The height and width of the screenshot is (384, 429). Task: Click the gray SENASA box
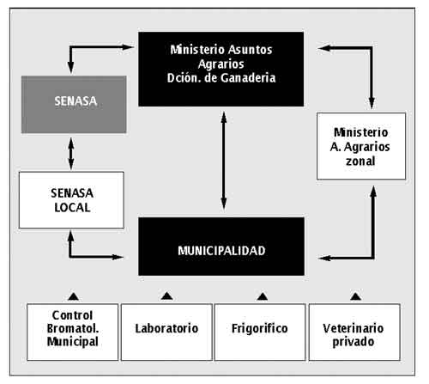coord(74,105)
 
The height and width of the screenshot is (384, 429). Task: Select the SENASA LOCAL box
coord(71,200)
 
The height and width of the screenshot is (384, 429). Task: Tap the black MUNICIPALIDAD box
coord(221,247)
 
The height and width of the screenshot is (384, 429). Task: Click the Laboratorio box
coord(166,332)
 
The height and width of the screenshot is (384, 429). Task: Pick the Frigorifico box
coord(260,332)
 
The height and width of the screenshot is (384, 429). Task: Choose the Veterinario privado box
coord(354,332)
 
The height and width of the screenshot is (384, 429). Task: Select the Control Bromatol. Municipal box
coord(72,332)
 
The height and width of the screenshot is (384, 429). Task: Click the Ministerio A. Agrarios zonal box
coord(361,146)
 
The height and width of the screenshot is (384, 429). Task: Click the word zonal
coord(360,161)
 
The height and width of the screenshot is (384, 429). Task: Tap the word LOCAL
coord(72,208)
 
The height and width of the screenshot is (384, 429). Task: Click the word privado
coord(353,342)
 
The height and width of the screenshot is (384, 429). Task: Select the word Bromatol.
coord(73,328)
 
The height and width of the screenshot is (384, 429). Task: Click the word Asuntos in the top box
coord(251,50)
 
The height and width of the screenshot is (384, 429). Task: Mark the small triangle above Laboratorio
coord(166,296)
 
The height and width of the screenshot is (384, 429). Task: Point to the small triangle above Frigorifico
coord(263,296)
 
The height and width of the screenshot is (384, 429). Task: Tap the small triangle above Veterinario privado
coord(355,296)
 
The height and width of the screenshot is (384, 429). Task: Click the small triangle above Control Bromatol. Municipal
coord(74,296)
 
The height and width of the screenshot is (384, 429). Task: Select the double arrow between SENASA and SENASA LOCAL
coord(71,154)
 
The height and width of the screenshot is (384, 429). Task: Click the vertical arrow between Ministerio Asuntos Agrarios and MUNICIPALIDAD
coord(224,161)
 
